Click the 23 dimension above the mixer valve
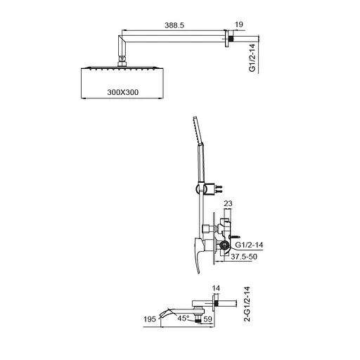(x=228, y=204)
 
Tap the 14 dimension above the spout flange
(x=217, y=289)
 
